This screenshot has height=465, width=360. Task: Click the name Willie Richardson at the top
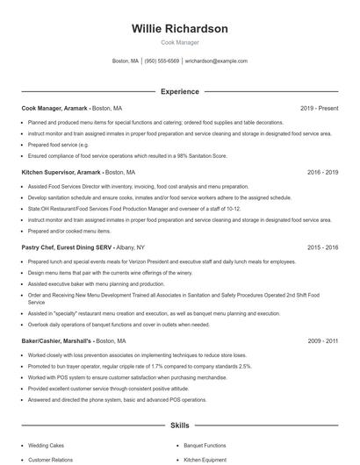(179, 29)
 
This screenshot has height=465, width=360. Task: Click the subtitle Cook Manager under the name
(179, 42)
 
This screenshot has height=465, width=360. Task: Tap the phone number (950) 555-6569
(162, 61)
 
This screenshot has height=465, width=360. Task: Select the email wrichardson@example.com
(216, 61)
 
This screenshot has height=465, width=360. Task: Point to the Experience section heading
(179, 91)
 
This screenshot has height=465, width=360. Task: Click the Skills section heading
(179, 426)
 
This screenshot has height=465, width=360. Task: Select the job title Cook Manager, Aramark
(54, 108)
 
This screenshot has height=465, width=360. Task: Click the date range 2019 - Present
(319, 108)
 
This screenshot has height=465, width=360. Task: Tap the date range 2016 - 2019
(322, 173)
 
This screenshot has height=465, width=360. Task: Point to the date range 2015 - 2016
(322, 248)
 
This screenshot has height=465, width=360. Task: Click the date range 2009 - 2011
(322, 340)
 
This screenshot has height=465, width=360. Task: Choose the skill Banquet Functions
(205, 445)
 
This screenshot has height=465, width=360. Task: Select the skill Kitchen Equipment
(205, 459)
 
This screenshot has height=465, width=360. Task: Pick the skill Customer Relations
(51, 459)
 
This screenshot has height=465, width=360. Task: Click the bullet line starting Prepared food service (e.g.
(59, 144)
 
